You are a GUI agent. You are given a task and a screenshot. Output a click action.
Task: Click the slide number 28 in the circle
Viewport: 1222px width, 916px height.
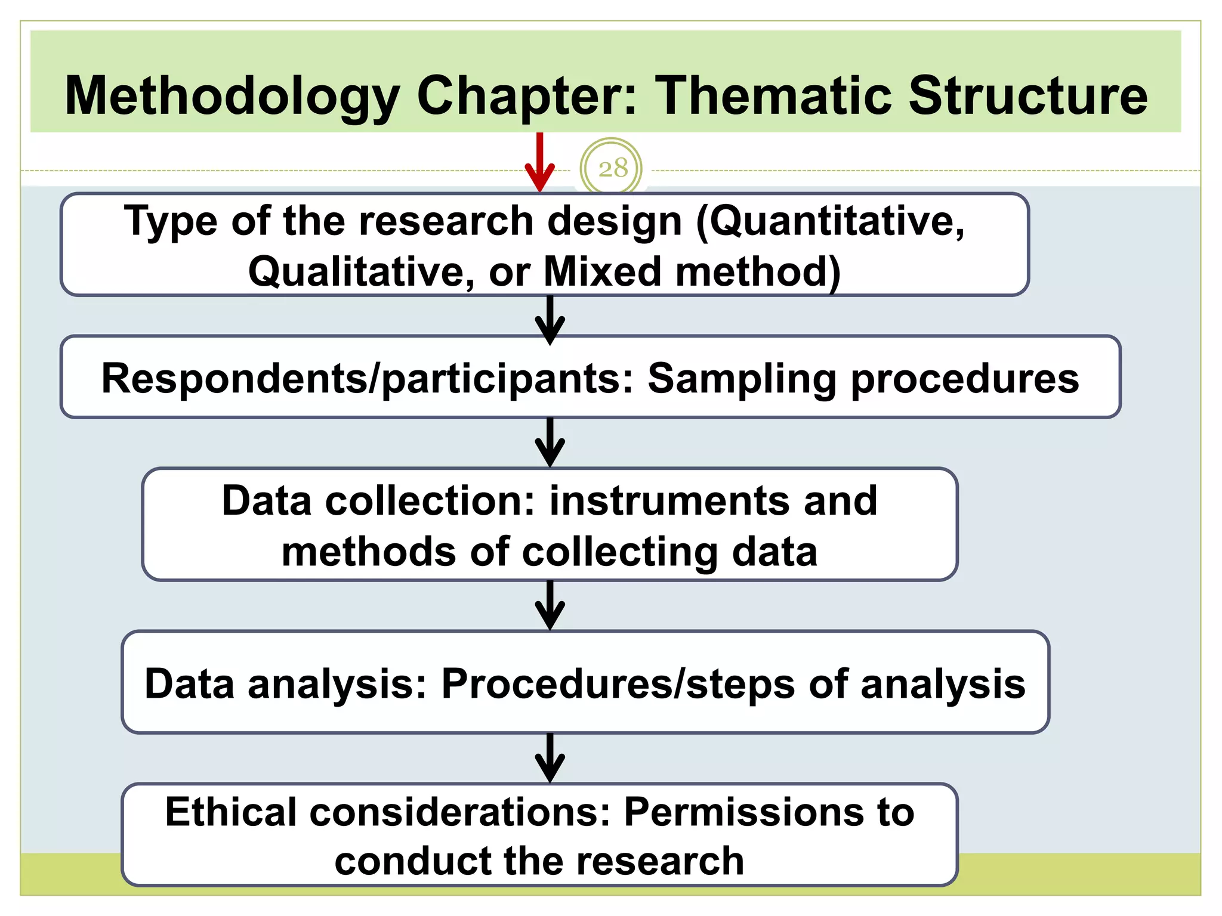[612, 168]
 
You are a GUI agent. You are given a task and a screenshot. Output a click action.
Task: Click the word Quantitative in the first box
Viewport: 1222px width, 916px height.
[829, 221]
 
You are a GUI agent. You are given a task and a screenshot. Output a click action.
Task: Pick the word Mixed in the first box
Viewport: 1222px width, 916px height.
[603, 272]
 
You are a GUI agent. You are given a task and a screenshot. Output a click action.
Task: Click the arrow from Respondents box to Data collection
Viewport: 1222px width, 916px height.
[550, 442]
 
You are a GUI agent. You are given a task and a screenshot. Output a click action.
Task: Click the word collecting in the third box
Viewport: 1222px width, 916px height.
[620, 552]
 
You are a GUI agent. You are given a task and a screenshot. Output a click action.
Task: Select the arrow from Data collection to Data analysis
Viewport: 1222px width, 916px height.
[550, 605]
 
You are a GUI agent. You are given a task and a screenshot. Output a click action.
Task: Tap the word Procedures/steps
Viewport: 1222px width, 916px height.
[618, 684]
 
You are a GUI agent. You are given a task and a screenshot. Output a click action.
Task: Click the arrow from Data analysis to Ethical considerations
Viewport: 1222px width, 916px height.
[550, 757]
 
